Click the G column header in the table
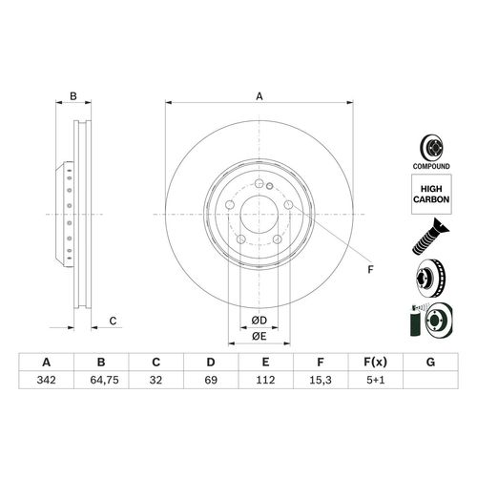(x=430, y=362)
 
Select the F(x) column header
(x=375, y=362)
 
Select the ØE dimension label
(x=258, y=336)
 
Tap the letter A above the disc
(x=259, y=95)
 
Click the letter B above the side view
(x=73, y=95)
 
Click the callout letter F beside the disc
(x=370, y=269)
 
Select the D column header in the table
(x=211, y=362)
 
